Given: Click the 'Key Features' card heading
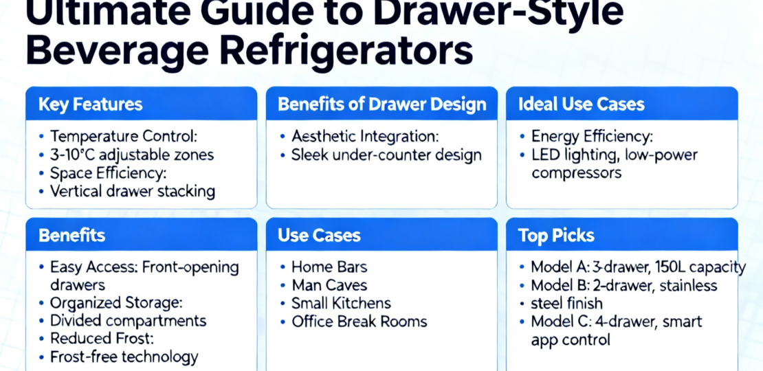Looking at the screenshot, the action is pos(91,104).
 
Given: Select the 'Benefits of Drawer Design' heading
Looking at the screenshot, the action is pos(381,104).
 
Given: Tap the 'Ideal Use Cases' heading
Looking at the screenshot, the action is pos(582,104).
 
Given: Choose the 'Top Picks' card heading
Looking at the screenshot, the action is pos(556,236).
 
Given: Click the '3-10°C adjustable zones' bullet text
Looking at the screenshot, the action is pos(132,155).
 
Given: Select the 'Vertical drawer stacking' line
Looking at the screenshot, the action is pos(133,191).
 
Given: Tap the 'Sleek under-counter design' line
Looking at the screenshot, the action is pos(386,155).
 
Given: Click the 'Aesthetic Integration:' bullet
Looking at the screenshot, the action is pos(365,137).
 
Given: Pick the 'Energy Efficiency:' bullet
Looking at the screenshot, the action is pos(592,137).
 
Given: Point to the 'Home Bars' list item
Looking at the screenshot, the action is pos(329,267).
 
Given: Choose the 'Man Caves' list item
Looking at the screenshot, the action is pos(329,285).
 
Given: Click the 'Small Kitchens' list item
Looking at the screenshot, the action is pos(341,304).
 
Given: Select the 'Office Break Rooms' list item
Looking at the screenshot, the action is pos(359,322).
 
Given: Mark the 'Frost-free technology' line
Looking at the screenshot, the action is pos(124,357).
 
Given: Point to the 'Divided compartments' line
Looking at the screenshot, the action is pos(128,321).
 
